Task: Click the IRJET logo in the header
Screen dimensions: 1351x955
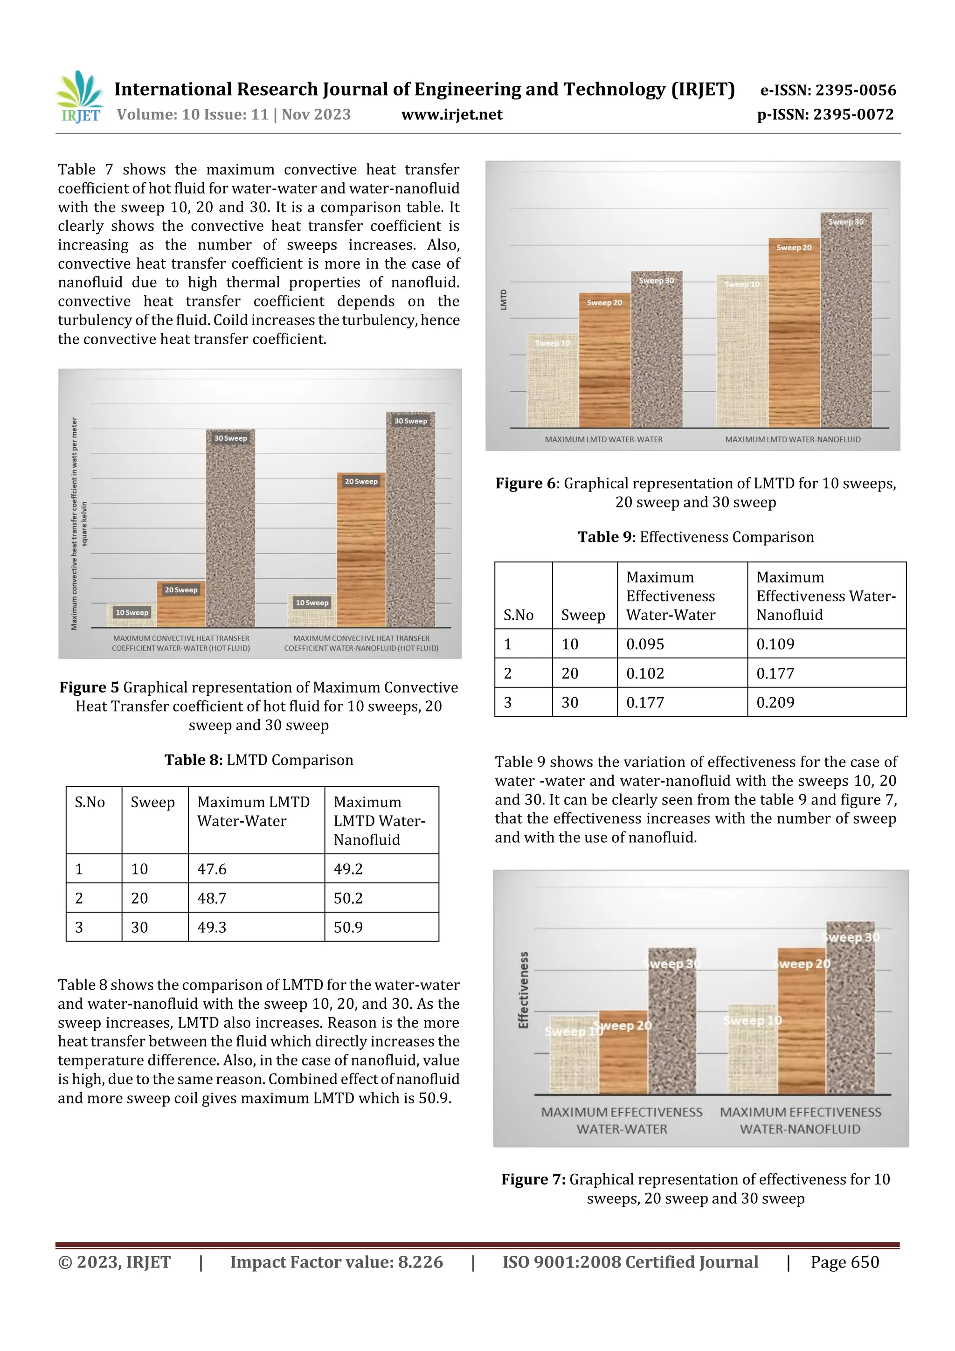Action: [79, 97]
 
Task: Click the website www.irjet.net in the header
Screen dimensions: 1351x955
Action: [451, 114]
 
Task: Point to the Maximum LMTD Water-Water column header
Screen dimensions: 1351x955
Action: [253, 811]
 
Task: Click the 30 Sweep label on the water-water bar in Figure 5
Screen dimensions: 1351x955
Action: [231, 438]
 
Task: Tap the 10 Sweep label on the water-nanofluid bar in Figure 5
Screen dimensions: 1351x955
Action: [312, 603]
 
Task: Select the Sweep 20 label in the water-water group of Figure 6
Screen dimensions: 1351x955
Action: [604, 303]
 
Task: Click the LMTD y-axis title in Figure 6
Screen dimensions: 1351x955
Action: [504, 299]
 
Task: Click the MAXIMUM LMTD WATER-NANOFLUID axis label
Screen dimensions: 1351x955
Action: [793, 440]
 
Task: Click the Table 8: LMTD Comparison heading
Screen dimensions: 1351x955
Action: [259, 760]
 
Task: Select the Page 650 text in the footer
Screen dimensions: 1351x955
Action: [844, 1261]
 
